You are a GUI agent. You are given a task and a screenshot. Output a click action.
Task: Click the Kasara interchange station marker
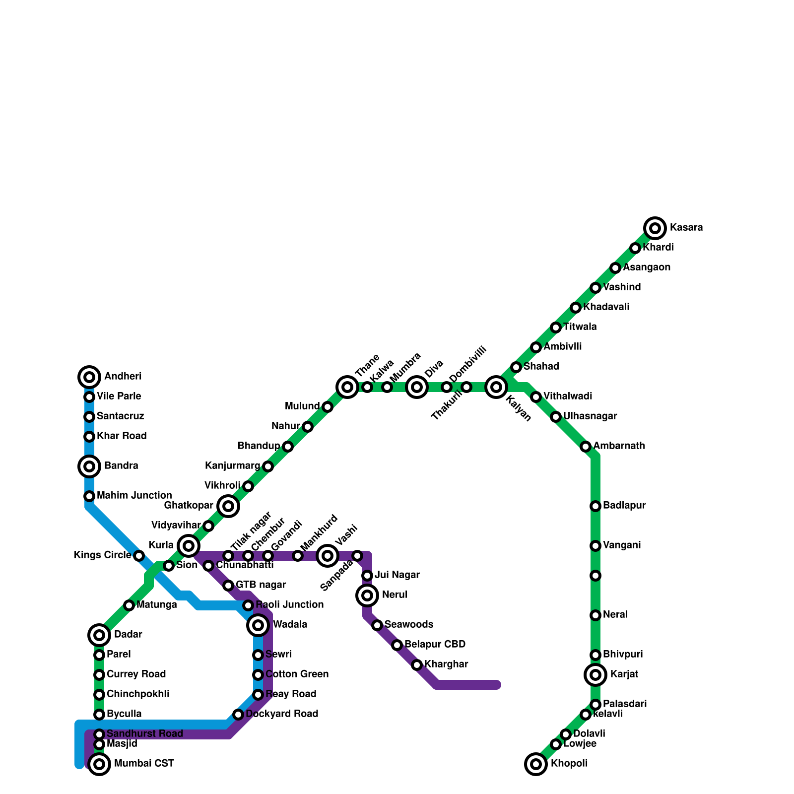point(655,228)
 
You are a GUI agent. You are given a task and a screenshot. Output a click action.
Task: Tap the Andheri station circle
point(89,377)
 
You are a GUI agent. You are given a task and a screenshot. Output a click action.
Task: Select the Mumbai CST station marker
point(99,764)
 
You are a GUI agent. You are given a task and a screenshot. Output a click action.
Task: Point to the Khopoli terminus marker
point(536,764)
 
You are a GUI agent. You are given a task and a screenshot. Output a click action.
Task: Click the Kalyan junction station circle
point(496,387)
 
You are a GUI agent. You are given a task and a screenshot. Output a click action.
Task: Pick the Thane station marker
point(347,387)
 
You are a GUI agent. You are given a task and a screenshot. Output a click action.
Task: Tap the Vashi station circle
point(328,556)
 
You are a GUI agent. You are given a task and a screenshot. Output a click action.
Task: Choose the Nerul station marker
point(367,595)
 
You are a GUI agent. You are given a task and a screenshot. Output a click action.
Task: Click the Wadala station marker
point(258,625)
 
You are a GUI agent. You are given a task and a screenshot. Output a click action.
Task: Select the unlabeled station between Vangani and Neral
point(595,576)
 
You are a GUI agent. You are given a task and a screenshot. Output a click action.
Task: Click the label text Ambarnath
point(619,446)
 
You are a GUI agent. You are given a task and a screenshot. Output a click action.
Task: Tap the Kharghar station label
point(446,664)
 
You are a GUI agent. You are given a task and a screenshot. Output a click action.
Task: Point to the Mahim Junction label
point(134,496)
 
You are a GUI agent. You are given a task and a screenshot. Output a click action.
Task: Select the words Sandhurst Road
point(145,734)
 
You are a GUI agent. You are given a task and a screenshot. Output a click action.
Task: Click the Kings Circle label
point(102,555)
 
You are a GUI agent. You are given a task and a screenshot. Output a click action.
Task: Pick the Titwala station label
point(580,327)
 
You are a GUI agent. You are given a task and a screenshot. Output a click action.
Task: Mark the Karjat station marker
point(595,675)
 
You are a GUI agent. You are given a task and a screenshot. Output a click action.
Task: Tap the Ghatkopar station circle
point(228,506)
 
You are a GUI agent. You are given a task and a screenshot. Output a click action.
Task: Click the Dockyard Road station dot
point(238,715)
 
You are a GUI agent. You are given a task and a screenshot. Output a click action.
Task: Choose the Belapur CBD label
point(435,645)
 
